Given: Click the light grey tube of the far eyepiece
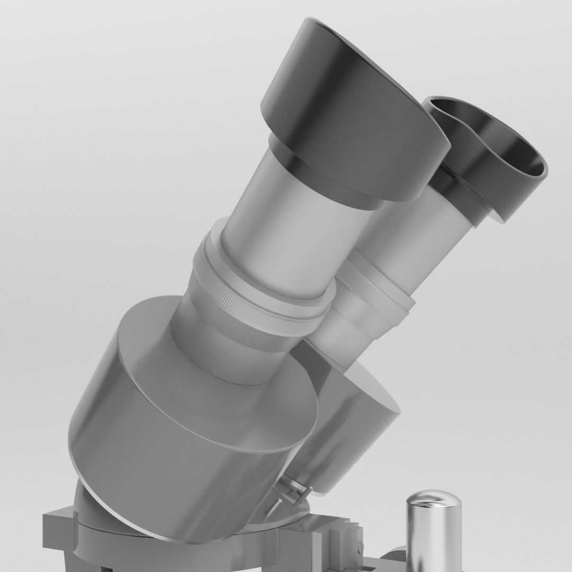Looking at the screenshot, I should point(418,249).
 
